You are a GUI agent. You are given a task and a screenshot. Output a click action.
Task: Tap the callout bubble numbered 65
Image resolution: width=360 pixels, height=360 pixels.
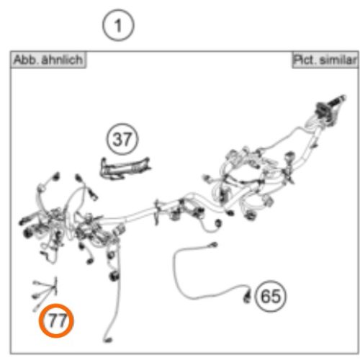click(271, 295)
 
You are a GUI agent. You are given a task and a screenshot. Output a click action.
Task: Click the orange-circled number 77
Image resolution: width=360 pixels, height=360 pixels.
click(57, 321)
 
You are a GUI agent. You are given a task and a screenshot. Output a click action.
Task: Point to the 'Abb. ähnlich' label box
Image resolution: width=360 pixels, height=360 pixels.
click(47, 60)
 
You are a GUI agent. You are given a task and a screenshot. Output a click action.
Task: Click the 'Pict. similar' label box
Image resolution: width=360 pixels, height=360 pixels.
click(324, 60)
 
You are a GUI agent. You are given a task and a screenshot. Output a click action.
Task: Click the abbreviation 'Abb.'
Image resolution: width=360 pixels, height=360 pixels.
click(25, 60)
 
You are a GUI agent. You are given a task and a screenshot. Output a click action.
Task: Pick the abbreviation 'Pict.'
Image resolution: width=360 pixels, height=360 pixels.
click(305, 60)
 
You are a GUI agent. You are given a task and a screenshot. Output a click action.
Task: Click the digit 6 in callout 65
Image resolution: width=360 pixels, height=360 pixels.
click(266, 295)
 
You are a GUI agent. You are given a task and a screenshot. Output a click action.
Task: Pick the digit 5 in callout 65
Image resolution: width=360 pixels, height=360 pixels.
click(277, 295)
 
